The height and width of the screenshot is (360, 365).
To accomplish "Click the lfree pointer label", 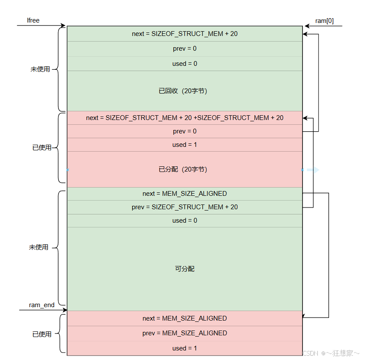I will coord(33,20).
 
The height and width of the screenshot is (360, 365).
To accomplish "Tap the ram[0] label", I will coord(325,21).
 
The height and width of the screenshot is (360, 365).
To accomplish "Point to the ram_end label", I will coord(42,305).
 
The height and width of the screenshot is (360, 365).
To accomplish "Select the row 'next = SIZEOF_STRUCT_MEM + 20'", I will coord(185,34).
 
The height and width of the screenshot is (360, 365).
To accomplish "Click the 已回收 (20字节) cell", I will coord(185,91).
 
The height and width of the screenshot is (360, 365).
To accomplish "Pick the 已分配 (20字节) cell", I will coord(185,169).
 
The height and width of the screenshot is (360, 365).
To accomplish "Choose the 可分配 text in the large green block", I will coord(185,269).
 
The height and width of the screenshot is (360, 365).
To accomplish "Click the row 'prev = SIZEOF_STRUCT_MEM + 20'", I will coord(185,207).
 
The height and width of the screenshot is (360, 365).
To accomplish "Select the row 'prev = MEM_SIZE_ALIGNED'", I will coord(185,333).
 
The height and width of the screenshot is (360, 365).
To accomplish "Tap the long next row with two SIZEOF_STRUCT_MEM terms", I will coord(185,118).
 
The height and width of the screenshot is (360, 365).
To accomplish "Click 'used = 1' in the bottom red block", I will coord(185,348).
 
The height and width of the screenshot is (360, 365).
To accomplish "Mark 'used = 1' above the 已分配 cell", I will coord(185,145).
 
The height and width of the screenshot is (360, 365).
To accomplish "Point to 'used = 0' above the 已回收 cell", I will coord(185,64).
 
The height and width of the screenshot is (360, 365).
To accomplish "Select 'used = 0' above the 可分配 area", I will coord(185,221).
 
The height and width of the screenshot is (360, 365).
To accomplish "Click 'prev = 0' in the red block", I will coord(185,131).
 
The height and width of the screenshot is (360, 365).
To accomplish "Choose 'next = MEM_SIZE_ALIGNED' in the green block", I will coord(185,194).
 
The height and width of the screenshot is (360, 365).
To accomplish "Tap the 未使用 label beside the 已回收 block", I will coord(40,69).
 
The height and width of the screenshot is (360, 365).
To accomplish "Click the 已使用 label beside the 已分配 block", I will coord(42,148).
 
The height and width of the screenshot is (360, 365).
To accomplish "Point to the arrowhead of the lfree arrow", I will coord(64,26).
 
